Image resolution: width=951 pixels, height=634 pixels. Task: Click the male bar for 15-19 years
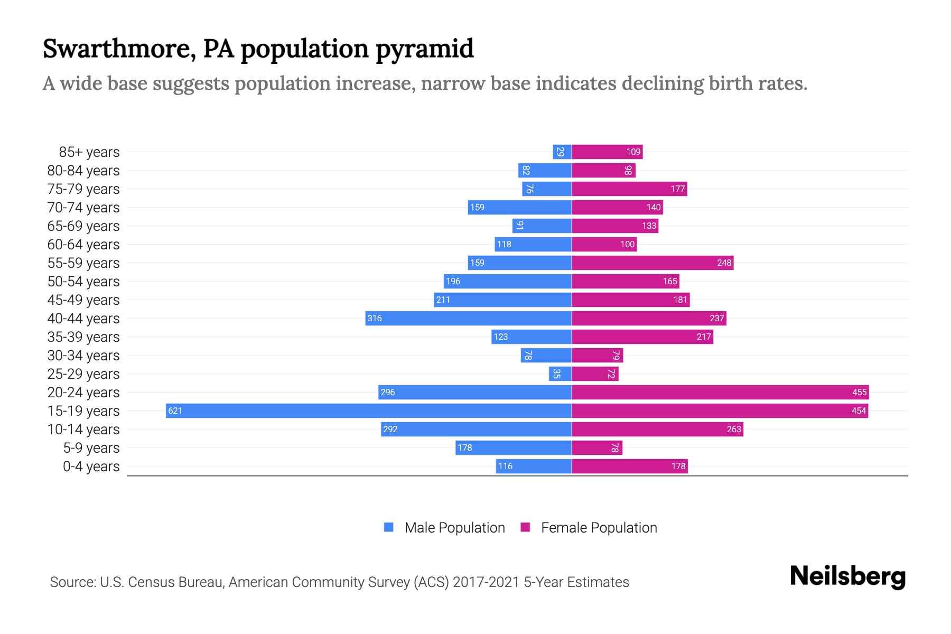point(369,411)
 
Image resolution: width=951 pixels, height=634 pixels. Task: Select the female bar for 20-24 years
point(720,393)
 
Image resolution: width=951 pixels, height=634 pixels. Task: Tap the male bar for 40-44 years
point(469,319)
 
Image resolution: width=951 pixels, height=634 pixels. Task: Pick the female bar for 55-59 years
point(652,263)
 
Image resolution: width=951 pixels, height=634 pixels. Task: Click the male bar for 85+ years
point(562,152)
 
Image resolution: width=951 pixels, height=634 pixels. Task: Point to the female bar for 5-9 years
point(597,448)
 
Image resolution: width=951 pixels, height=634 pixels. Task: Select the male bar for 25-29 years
point(560,374)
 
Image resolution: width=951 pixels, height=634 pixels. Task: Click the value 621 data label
point(175,411)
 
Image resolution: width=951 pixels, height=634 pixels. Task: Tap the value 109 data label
point(633,152)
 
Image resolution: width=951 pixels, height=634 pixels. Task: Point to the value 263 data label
point(734,430)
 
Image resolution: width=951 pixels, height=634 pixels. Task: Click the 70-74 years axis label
point(83,208)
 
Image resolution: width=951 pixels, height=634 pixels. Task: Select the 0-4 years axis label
point(91,467)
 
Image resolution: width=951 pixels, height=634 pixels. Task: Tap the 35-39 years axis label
point(83,337)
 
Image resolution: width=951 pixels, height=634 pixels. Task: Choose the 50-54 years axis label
point(83,282)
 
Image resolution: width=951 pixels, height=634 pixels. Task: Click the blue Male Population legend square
point(389,527)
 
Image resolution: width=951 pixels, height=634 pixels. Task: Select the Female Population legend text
point(599,528)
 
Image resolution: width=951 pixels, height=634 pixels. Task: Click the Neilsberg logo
point(847,576)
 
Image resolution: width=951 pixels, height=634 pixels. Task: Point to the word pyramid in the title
point(425,49)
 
